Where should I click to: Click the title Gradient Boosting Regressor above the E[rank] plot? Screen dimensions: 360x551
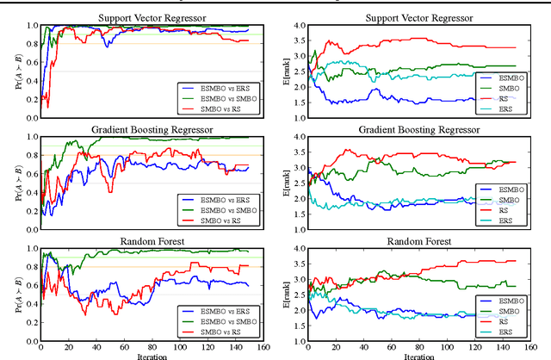pyautogui.click(x=419, y=130)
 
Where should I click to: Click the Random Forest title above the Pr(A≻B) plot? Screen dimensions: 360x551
pyautogui.click(x=141, y=242)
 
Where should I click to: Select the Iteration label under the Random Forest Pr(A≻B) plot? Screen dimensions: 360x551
pyautogui.click(x=141, y=355)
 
